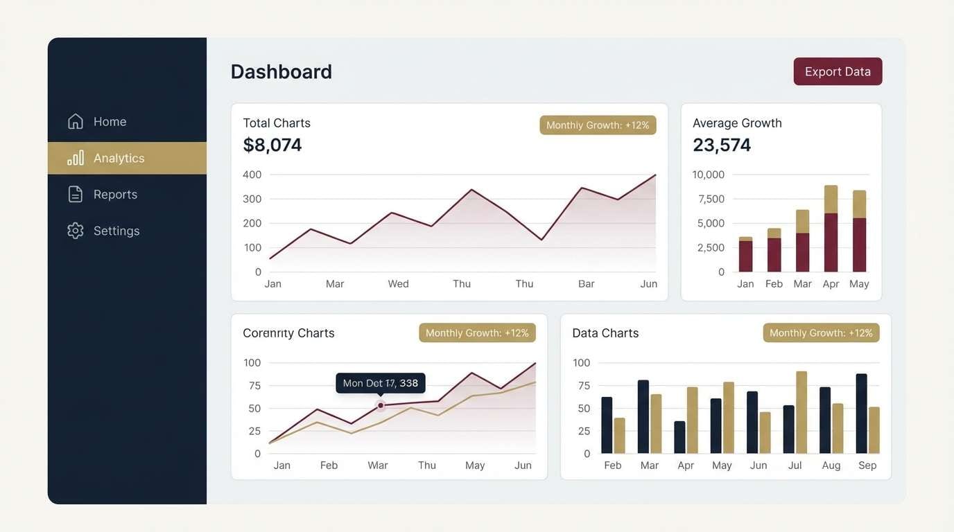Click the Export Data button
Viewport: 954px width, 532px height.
[838, 71]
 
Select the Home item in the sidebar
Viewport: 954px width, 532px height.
[110, 121]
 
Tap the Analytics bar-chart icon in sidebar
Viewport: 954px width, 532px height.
[76, 158]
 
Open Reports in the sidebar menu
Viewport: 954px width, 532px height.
[115, 195]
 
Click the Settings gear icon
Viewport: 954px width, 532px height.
[76, 231]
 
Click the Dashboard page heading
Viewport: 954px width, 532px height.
[281, 71]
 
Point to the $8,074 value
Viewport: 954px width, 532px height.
[272, 145]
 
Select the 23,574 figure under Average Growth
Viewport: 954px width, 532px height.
[722, 145]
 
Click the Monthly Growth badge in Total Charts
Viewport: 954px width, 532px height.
[598, 125]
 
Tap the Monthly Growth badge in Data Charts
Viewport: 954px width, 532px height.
[821, 332]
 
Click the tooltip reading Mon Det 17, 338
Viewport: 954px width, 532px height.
[381, 383]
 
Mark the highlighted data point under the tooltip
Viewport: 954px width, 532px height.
[381, 405]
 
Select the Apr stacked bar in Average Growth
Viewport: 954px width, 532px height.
[831, 229]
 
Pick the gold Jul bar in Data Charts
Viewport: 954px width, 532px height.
[801, 412]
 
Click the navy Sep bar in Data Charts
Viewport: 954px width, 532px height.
[862, 414]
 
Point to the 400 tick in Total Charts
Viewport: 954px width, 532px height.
[252, 175]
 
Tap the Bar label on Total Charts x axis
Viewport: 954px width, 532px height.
[587, 283]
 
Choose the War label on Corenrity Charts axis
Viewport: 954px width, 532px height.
[378, 465]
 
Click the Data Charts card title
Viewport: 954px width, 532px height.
[605, 332]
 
